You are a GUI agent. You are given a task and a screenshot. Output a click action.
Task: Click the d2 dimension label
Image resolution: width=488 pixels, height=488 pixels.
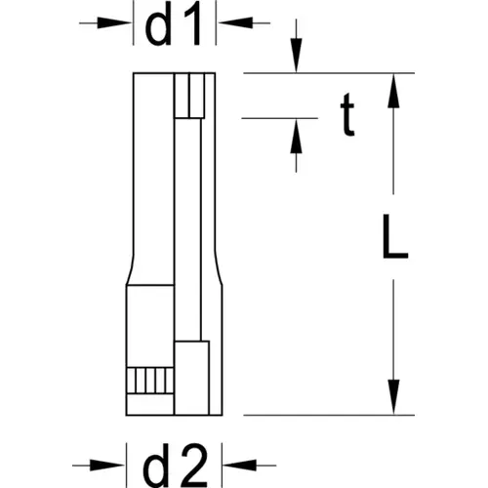pyautogui.click(x=176, y=466)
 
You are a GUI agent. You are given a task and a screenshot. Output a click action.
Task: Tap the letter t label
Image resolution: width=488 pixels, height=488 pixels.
pyautogui.click(x=347, y=114)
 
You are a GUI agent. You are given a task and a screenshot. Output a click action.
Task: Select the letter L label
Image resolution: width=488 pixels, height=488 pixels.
pyautogui.click(x=395, y=236)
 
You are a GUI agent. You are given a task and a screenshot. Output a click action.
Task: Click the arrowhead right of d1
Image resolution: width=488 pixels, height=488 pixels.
pyautogui.click(x=235, y=23)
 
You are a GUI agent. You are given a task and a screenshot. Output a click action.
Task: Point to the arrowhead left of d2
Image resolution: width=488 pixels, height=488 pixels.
pyautogui.click(x=107, y=466)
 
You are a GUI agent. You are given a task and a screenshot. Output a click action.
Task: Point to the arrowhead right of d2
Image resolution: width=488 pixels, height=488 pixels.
pyautogui.click(x=240, y=466)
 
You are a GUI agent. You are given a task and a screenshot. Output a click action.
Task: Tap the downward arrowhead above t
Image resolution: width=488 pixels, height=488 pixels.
pyautogui.click(x=296, y=56)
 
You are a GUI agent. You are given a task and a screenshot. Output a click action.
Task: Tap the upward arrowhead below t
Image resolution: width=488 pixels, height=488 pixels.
pyautogui.click(x=296, y=136)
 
